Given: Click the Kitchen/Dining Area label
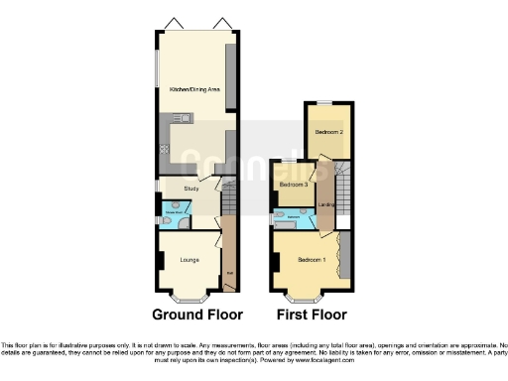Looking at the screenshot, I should point(194,90).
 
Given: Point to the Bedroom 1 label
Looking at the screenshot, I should point(311,259).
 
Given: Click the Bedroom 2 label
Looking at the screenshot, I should point(329,131).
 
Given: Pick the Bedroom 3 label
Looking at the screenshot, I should point(293,185).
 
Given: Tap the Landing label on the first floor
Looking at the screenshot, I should point(326,205).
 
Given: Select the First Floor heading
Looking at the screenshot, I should point(312,316).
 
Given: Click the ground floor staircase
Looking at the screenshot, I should point(227,203).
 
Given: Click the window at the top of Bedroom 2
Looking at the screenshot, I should point(324,104).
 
